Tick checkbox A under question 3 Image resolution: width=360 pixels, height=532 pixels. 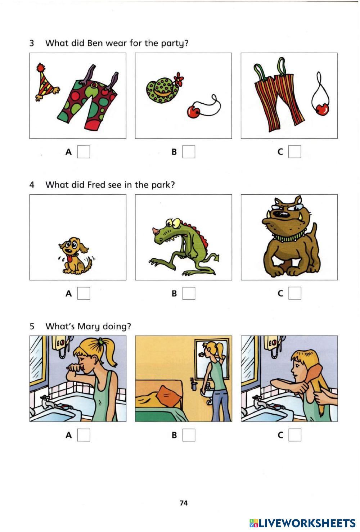tap(84, 152)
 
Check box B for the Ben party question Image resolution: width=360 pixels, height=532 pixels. tap(189, 152)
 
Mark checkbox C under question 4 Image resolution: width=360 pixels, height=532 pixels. tap(295, 293)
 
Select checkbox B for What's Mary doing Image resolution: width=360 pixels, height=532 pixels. tap(189, 435)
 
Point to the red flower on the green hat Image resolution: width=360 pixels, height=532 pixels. tap(179, 79)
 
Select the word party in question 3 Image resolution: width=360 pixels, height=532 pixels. tap(175, 44)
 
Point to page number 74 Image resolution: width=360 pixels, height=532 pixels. tap(184, 503)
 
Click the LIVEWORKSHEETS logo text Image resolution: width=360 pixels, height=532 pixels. tap(302, 523)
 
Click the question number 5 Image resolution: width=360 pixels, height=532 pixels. tap(32, 326)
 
